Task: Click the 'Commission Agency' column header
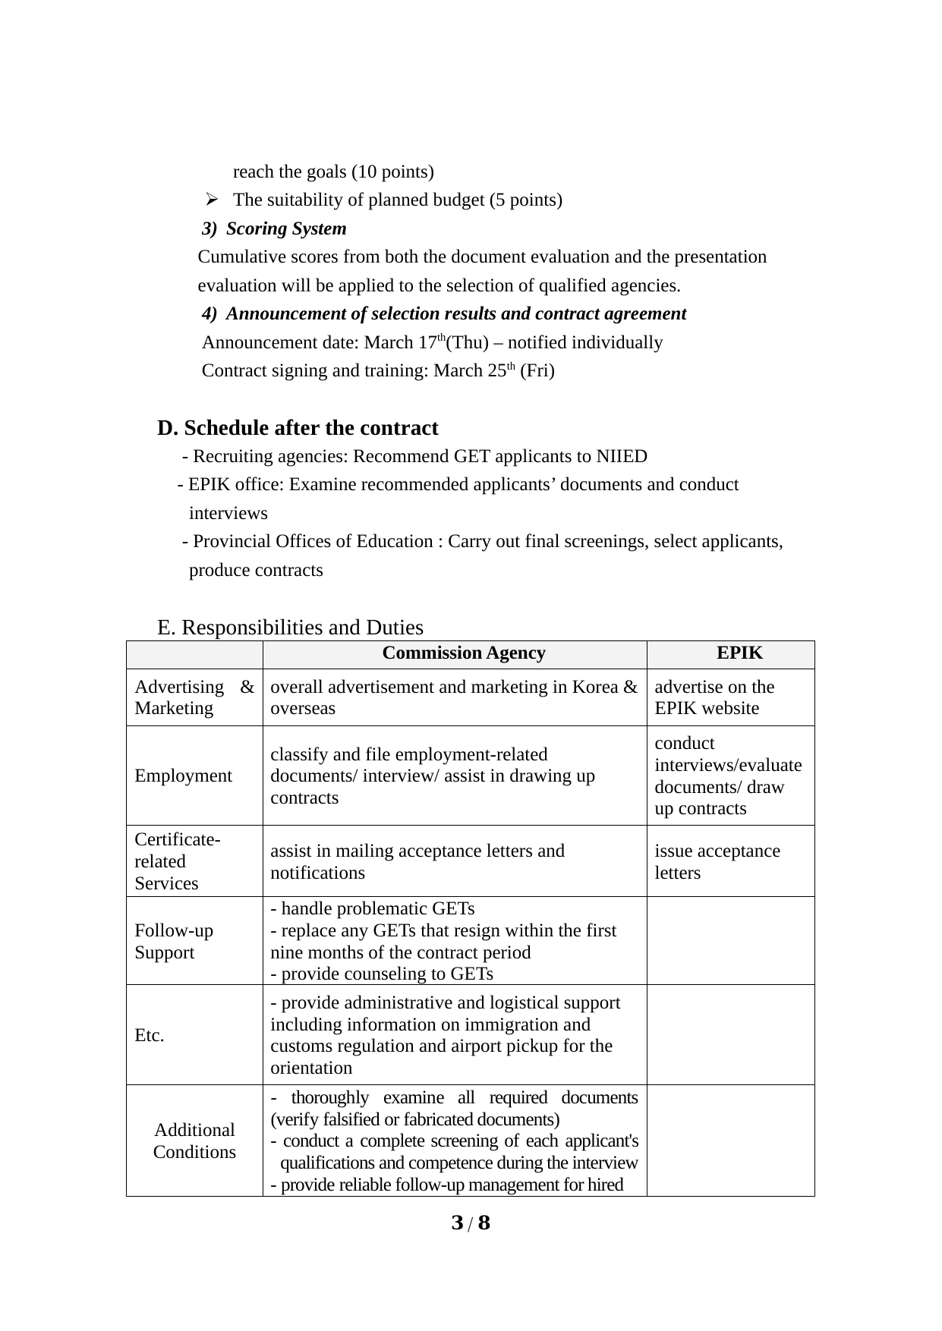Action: pyautogui.click(x=463, y=653)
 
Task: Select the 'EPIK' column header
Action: pyautogui.click(x=739, y=653)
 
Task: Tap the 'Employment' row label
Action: pyautogui.click(x=183, y=776)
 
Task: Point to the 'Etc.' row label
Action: pyautogui.click(x=150, y=1035)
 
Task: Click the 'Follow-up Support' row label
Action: pyautogui.click(x=174, y=941)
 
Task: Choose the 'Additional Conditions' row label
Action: pyautogui.click(x=194, y=1141)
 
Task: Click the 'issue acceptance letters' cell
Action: pyautogui.click(x=717, y=861)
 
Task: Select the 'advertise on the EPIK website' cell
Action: pyautogui.click(x=714, y=697)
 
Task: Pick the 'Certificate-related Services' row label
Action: pyautogui.click(x=177, y=861)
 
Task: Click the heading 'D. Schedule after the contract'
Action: pyautogui.click(x=298, y=428)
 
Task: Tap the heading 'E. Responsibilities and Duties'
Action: pyautogui.click(x=290, y=628)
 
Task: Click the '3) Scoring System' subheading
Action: pyautogui.click(x=274, y=228)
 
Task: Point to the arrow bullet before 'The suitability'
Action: pyautogui.click(x=212, y=200)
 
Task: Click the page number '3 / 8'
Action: pyautogui.click(x=471, y=1222)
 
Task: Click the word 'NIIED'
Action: pyautogui.click(x=622, y=456)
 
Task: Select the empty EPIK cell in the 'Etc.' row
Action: pyautogui.click(x=730, y=1035)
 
